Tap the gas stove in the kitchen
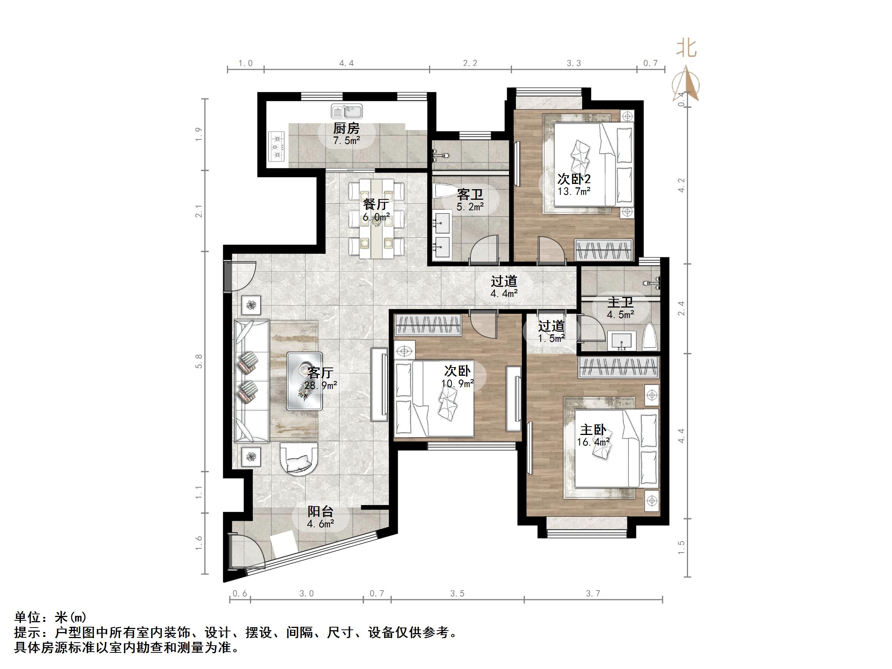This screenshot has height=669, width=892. (x=277, y=147)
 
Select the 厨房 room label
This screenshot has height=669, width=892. (x=346, y=129)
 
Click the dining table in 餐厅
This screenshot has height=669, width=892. (x=376, y=219)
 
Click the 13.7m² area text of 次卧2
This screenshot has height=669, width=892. (x=574, y=191)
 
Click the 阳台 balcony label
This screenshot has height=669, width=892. (x=320, y=512)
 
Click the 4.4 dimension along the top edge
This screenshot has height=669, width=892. (x=346, y=63)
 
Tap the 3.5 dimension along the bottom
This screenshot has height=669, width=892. (x=457, y=594)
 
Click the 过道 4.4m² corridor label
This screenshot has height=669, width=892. (x=504, y=282)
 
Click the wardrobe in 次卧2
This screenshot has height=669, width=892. (x=604, y=250)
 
